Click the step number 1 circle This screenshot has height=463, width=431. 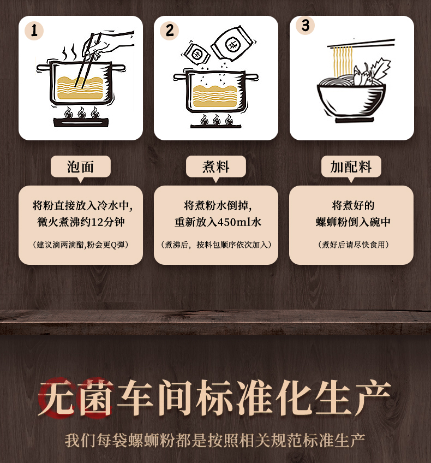click(34, 31)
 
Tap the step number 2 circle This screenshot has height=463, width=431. click(169, 31)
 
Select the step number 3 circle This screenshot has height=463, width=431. click(305, 26)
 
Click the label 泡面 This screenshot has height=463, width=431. click(81, 167)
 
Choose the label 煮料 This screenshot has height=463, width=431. click(215, 167)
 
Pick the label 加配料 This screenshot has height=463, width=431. click(351, 167)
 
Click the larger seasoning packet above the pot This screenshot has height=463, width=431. click(233, 44)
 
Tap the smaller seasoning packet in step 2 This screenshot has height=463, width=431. click(196, 54)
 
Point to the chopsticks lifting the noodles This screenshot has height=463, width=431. click(361, 44)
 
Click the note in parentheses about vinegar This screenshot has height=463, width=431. click(81, 245)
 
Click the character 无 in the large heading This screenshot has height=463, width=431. click(57, 397)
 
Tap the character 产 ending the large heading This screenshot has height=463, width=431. click(373, 397)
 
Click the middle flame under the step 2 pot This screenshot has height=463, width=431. click(216, 120)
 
